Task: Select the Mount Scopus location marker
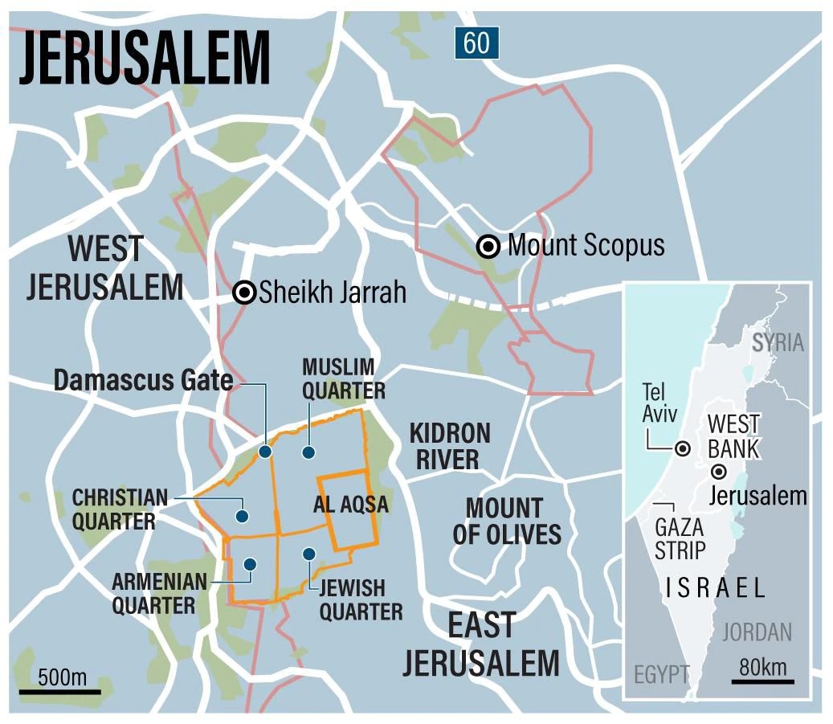tap(488, 247)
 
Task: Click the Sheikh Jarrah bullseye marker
tap(244, 293)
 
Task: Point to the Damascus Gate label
tap(143, 380)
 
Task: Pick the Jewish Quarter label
tap(361, 599)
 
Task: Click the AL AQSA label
tap(350, 505)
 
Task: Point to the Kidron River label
tap(449, 446)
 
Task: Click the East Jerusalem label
tap(481, 645)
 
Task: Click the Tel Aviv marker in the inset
tap(682, 449)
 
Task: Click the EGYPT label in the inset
tap(661, 674)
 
